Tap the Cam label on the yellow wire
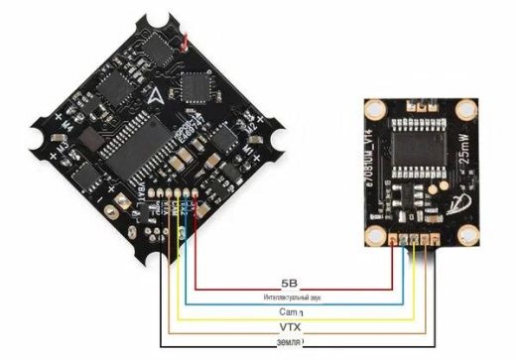click(x=290, y=311)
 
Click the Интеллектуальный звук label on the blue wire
click(x=291, y=297)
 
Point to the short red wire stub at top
click(x=186, y=43)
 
